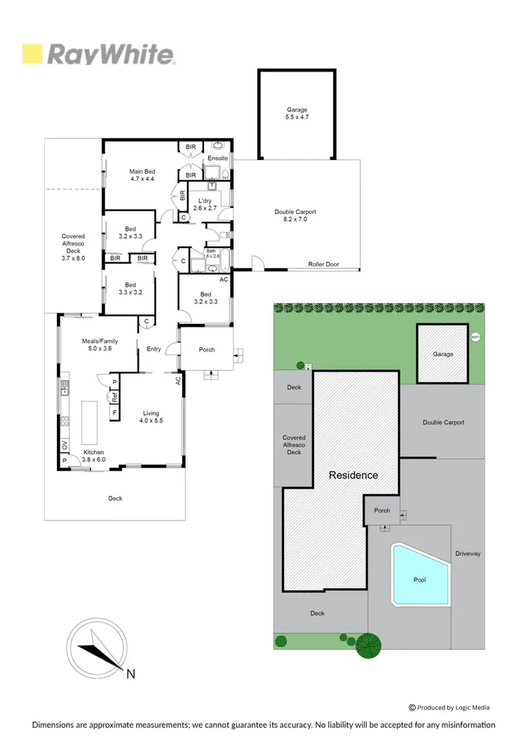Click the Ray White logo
(98, 54)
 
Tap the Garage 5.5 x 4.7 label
(297, 114)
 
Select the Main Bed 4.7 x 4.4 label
(142, 175)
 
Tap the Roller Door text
(323, 264)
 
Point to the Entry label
(154, 349)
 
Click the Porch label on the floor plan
(207, 349)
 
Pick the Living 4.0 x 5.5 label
(152, 417)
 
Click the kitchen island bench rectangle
(90, 420)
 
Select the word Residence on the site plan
(353, 475)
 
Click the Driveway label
(468, 553)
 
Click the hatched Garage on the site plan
(443, 354)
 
